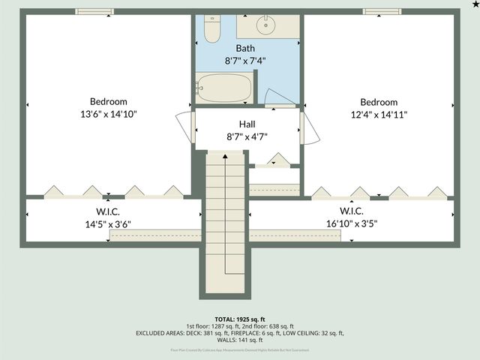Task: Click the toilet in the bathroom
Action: tap(211, 31)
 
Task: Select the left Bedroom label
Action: tap(109, 102)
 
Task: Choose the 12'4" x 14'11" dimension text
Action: tap(379, 114)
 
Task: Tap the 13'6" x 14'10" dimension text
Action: tap(109, 114)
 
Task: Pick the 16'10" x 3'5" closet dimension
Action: tap(352, 223)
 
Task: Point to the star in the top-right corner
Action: tap(475, 4)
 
